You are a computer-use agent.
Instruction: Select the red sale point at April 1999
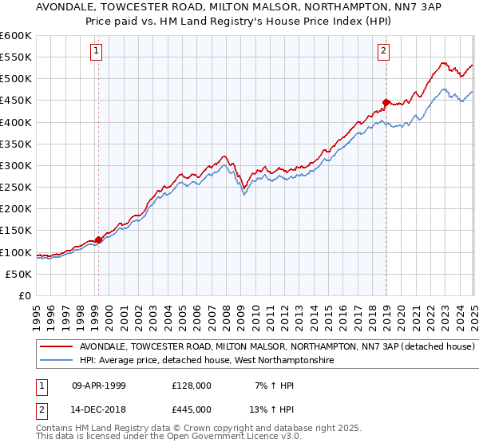click(x=98, y=239)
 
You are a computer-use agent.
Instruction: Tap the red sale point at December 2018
click(x=386, y=102)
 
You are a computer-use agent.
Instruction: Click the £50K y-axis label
click(x=19, y=274)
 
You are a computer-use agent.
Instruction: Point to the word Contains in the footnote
click(x=54, y=429)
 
